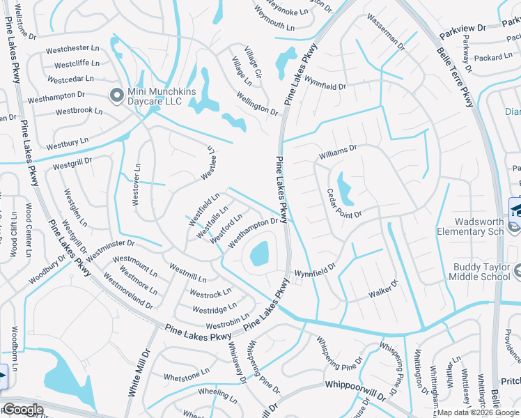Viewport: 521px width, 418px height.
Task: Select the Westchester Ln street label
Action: pos(72,49)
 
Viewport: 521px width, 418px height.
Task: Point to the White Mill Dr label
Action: pos(138,372)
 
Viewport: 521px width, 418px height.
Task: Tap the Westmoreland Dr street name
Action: pos(127,291)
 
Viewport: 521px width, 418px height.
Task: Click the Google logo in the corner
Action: pos(22,410)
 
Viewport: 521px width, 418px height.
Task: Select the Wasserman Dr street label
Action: pos(385,31)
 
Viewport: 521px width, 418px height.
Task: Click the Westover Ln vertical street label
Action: pos(137,183)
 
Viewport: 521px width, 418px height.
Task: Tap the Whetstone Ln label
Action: pos(186,376)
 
